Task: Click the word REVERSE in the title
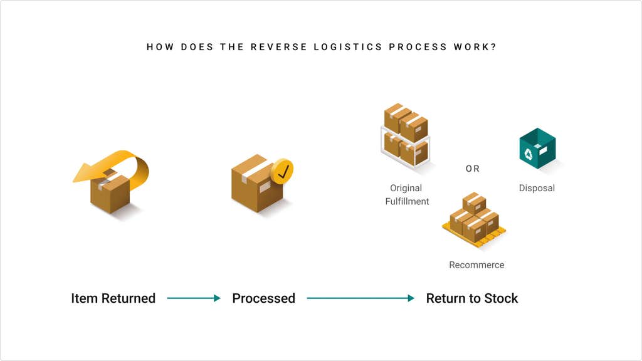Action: (x=273, y=47)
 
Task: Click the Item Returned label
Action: (x=113, y=298)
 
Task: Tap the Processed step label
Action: (x=263, y=298)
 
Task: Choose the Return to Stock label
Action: (x=472, y=298)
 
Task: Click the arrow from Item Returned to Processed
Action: (x=194, y=298)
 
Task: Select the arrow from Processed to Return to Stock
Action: (x=360, y=298)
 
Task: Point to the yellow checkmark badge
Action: (x=282, y=171)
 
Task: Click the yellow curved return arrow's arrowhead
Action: (x=84, y=174)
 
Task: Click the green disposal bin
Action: (x=537, y=149)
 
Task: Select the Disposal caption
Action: (x=537, y=188)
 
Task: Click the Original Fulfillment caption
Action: (x=406, y=194)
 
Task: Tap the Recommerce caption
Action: (x=476, y=265)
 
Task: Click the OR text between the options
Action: (x=472, y=169)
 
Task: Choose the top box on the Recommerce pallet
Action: (x=474, y=202)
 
